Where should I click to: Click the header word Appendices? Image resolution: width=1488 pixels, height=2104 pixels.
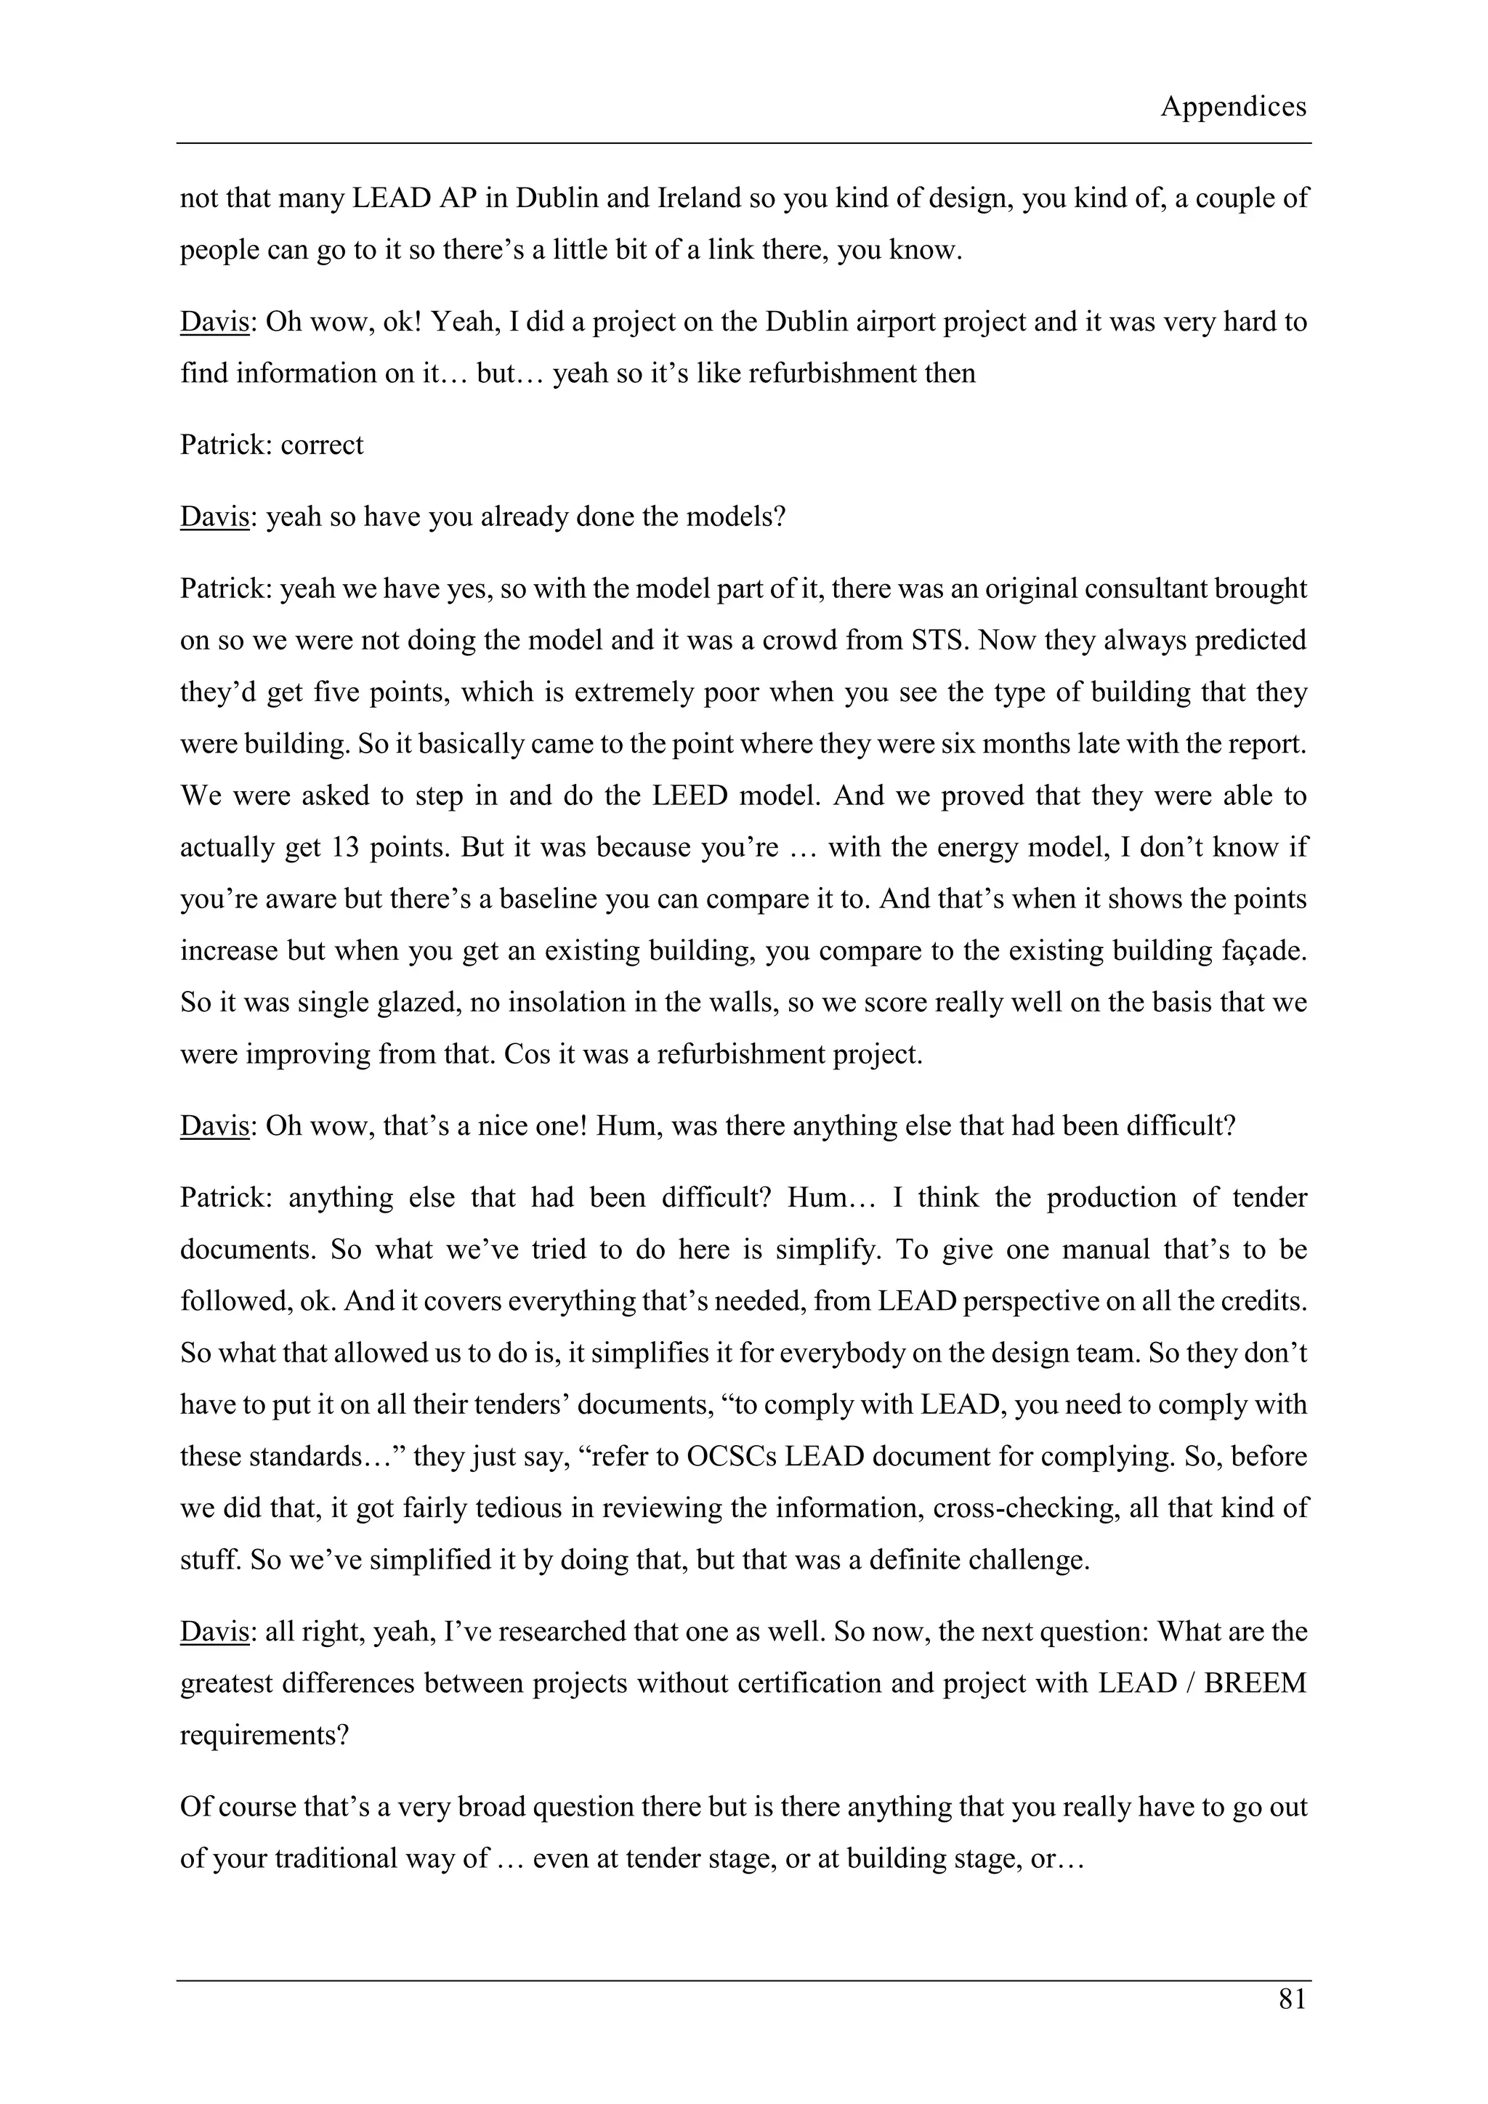pos(1232,108)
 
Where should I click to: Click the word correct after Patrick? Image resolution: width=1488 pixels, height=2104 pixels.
pos(322,445)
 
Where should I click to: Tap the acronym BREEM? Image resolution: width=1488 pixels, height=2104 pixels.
pos(1255,1683)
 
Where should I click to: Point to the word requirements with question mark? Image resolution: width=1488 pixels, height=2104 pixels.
pos(264,1735)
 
